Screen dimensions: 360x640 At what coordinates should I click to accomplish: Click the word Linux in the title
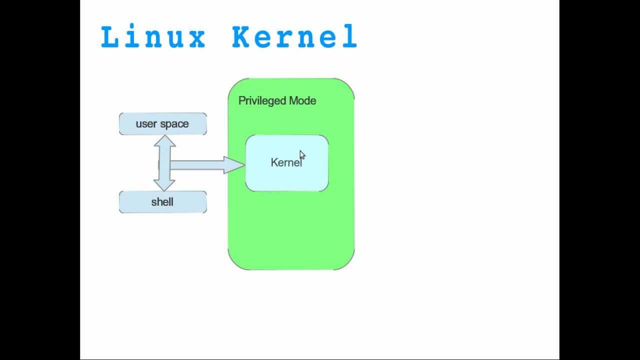[x=153, y=37]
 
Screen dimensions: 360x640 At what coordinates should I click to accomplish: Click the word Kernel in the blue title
[x=294, y=37]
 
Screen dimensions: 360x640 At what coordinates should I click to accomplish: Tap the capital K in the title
[x=241, y=37]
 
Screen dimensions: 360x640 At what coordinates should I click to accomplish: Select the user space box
[x=163, y=124]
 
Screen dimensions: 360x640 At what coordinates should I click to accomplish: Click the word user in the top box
[x=146, y=124]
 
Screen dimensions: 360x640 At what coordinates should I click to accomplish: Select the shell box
[x=163, y=202]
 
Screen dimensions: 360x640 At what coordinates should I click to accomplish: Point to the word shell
[x=162, y=202]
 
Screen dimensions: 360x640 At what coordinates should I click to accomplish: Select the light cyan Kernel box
[x=287, y=177]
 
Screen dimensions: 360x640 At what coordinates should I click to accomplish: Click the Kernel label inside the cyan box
[x=286, y=162]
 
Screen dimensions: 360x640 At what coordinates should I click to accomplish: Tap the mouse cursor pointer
[x=302, y=155]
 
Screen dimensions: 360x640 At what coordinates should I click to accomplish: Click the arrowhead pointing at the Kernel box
[x=234, y=165]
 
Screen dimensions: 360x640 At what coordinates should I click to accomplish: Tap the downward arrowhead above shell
[x=164, y=185]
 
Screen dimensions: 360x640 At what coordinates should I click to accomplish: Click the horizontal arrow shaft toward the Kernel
[x=197, y=165]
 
